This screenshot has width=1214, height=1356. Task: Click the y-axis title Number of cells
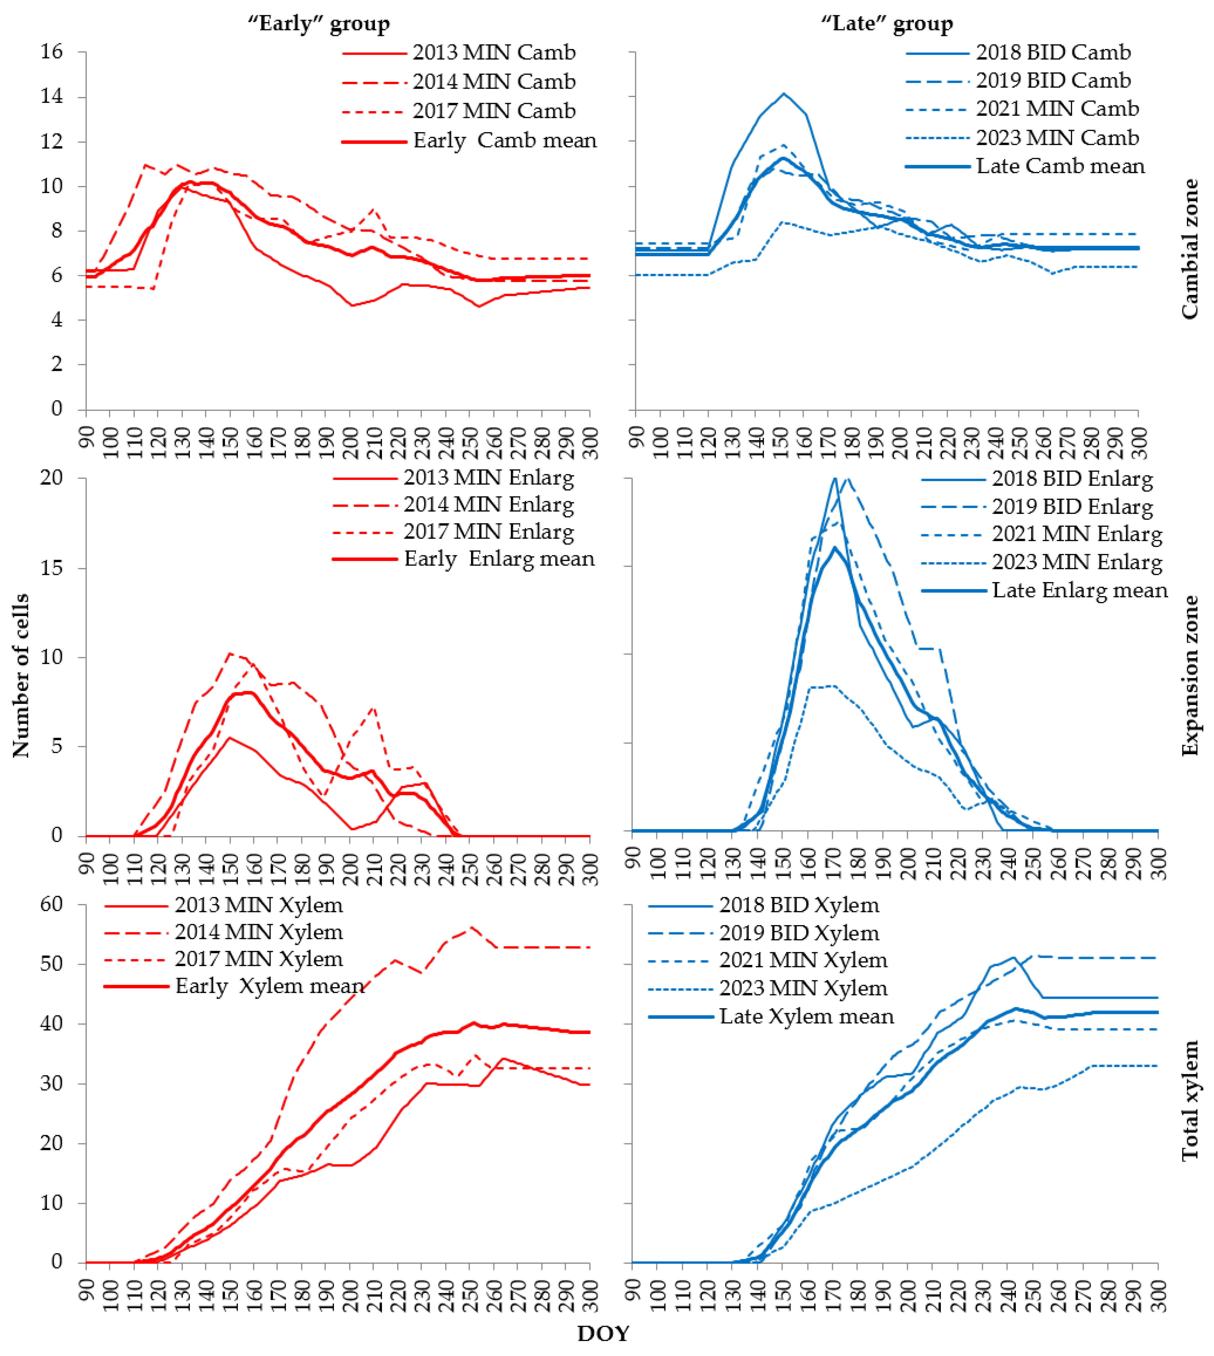[21, 675]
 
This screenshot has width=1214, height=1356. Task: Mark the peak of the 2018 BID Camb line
[784, 93]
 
